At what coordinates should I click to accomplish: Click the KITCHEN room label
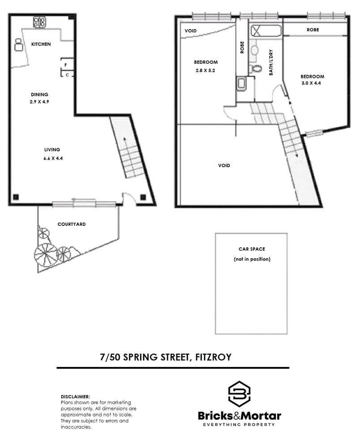(41, 44)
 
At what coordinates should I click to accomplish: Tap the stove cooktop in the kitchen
(39, 21)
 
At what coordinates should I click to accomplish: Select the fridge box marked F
(66, 65)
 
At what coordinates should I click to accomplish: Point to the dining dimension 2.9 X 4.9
(39, 102)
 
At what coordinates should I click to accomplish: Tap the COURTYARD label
(71, 224)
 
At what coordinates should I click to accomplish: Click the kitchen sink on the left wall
(19, 45)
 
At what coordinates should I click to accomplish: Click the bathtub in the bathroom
(266, 31)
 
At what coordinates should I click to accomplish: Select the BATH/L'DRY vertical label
(271, 63)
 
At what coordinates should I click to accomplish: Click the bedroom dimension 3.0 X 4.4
(313, 83)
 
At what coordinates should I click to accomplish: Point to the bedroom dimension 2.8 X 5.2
(206, 70)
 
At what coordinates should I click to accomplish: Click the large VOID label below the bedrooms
(224, 166)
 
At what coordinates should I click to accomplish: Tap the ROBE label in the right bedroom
(313, 30)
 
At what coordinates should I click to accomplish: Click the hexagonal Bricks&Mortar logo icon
(239, 394)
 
